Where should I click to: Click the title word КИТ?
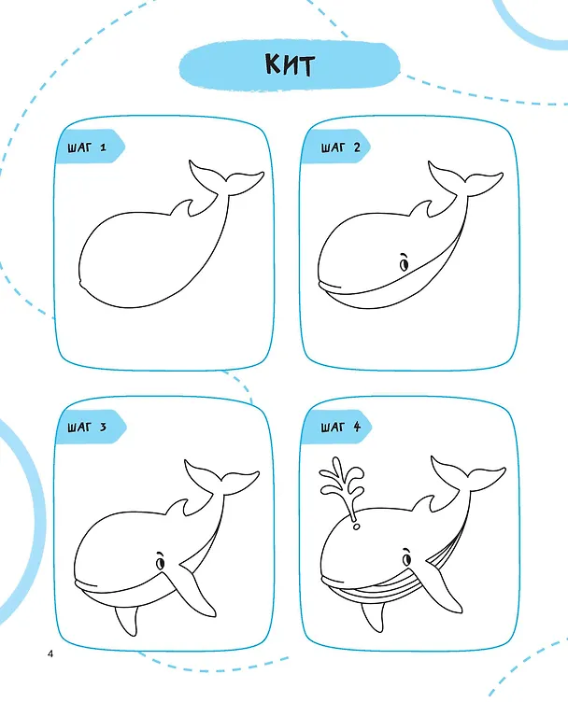point(290,65)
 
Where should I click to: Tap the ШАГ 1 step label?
point(88,147)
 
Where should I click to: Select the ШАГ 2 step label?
point(340,147)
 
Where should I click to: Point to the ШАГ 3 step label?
point(88,427)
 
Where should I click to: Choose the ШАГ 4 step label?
point(340,427)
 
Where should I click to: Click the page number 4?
point(50,653)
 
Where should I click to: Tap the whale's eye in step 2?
point(405,263)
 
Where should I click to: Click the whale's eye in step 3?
point(160,561)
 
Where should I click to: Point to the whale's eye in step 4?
point(406,558)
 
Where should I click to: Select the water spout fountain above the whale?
point(343,485)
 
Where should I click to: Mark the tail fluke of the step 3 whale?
point(220,479)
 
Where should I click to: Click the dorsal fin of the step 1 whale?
point(184,208)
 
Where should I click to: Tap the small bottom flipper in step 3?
point(126,621)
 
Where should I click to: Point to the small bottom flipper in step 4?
point(374,616)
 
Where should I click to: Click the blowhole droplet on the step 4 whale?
point(356,526)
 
